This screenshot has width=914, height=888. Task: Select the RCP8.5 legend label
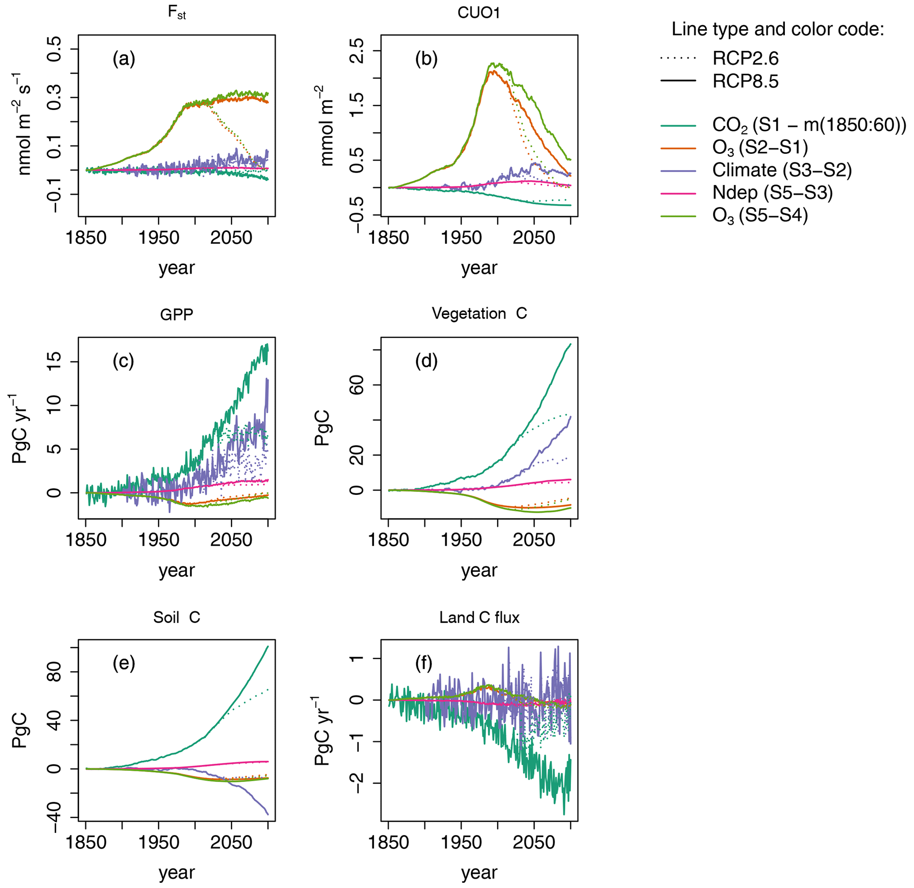745,82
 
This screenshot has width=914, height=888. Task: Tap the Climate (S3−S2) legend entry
781,170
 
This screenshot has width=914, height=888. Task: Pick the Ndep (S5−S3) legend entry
772,193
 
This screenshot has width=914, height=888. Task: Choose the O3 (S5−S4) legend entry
760,216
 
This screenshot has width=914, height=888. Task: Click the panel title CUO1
479,13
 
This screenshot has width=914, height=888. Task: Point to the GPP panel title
176,315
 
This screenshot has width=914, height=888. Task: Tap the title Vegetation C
479,313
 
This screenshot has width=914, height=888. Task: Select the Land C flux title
479,618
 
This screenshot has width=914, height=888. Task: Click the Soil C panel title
176,618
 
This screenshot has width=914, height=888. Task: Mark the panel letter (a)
124,59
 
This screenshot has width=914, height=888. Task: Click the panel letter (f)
424,663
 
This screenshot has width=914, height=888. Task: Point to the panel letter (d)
426,361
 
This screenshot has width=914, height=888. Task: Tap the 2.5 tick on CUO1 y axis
356,50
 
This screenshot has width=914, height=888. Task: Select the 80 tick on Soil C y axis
54,672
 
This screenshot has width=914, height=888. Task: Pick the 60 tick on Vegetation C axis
356,385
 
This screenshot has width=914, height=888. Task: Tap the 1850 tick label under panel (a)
86,238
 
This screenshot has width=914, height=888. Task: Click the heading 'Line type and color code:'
778,30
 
